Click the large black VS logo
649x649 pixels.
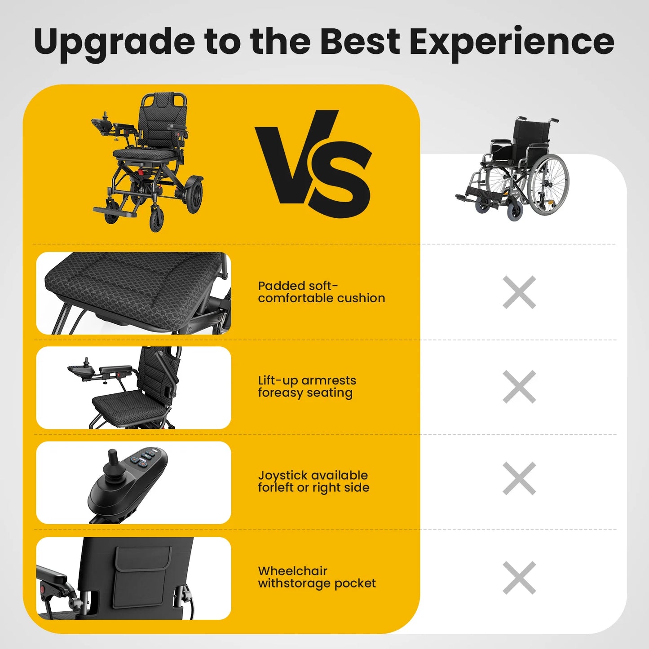coord(314,163)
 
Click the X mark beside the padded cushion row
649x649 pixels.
coord(519,292)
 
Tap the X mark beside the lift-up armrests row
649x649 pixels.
coord(519,387)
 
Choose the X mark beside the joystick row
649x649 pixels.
coord(519,478)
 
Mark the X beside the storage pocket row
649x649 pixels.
coord(519,578)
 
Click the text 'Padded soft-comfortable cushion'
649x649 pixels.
coord(321,292)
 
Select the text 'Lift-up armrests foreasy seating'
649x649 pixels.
coord(307,386)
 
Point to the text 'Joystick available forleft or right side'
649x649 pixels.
coord(313,481)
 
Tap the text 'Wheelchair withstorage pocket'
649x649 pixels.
coord(317,577)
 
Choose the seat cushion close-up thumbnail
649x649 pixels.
coord(133,293)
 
